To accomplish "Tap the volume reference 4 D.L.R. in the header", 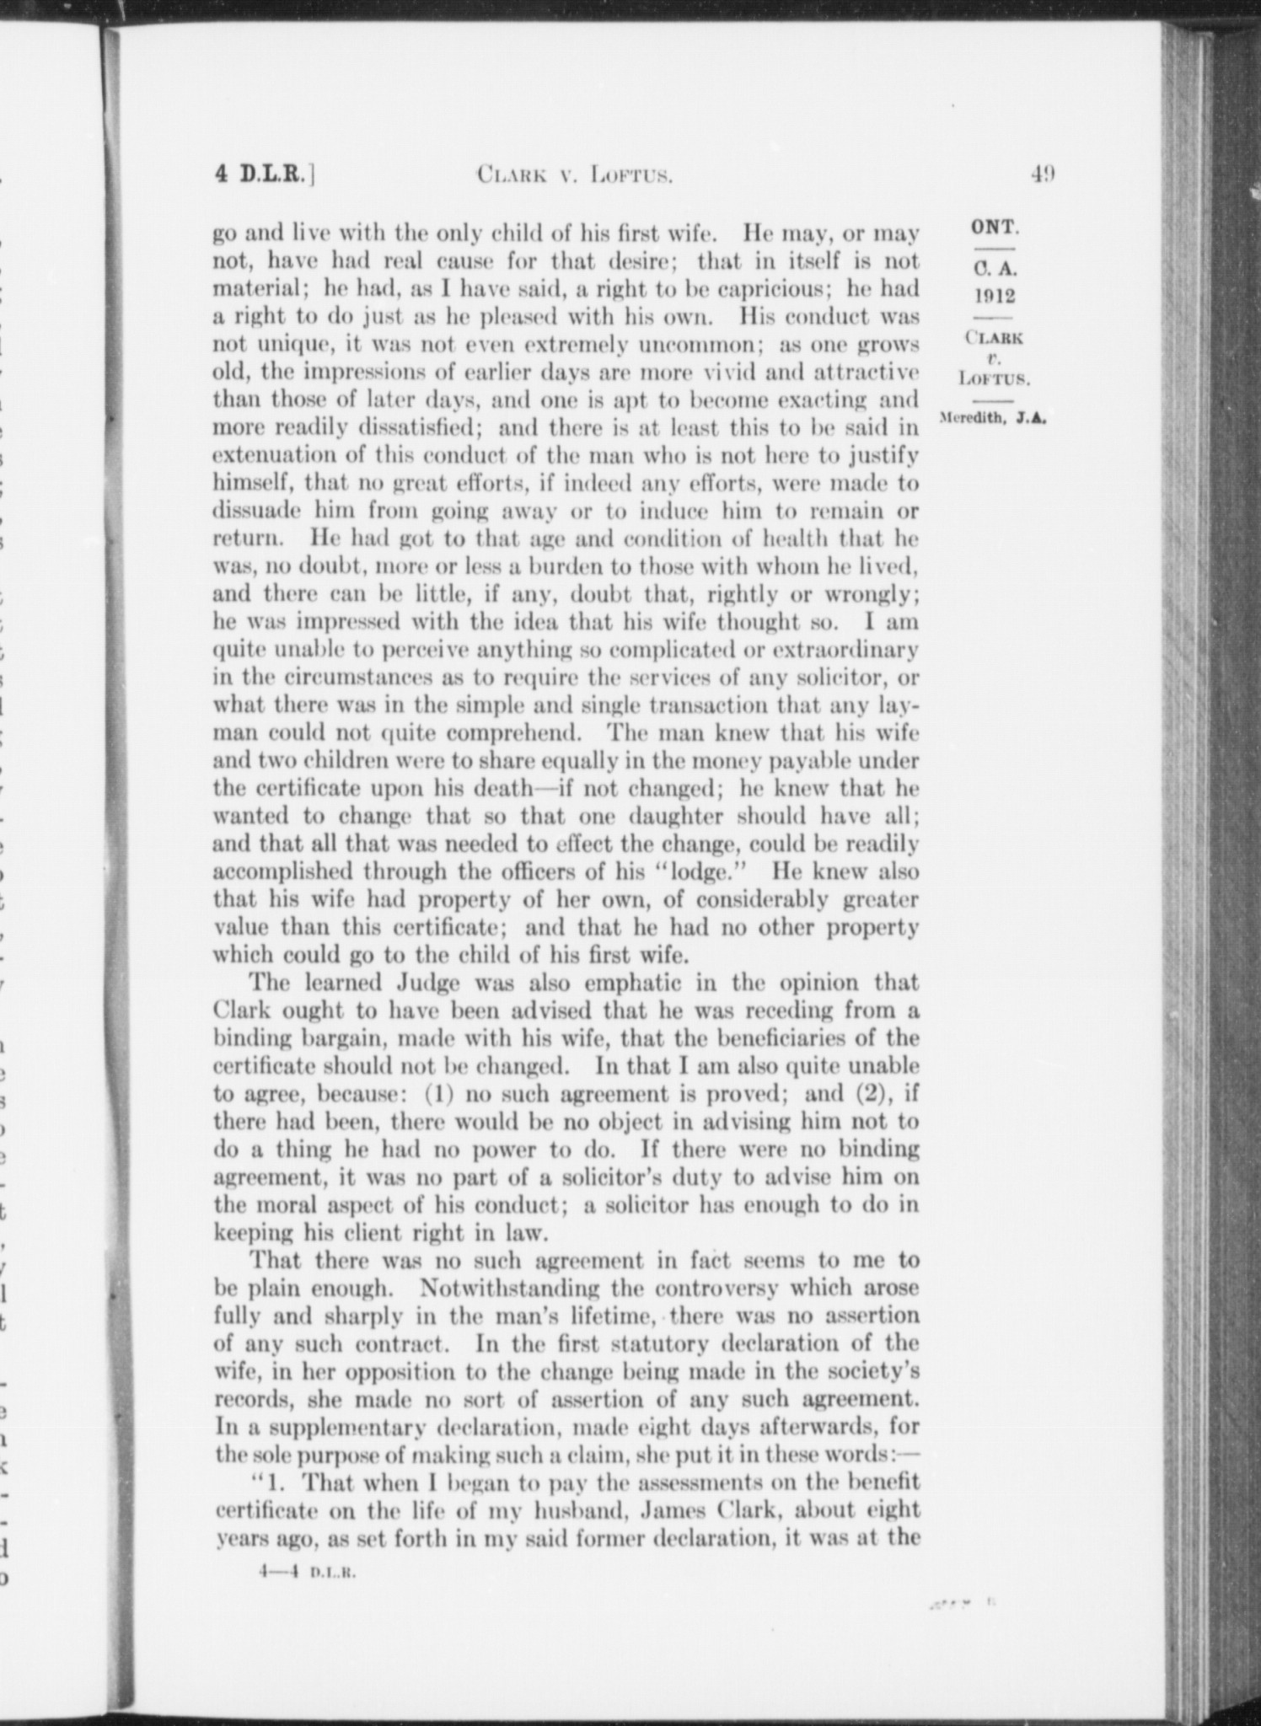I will tap(264, 174).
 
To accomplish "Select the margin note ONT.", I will tap(995, 227).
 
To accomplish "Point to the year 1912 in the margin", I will tap(995, 296).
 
